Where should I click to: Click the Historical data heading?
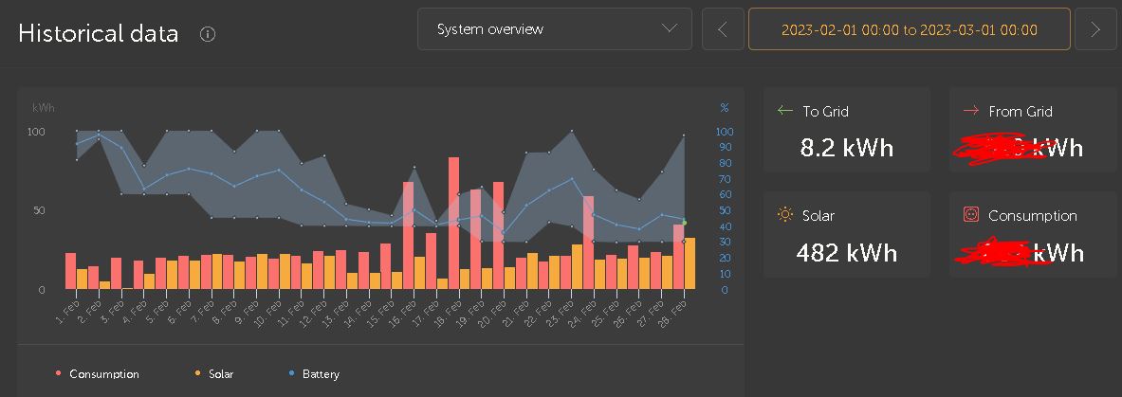(x=98, y=33)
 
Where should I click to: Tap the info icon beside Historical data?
(x=209, y=34)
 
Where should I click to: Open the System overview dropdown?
(x=554, y=29)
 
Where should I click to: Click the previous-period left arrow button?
(x=723, y=29)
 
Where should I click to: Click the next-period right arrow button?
(x=1095, y=29)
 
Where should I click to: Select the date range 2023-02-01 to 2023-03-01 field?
(x=909, y=29)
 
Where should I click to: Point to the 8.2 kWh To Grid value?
(x=847, y=149)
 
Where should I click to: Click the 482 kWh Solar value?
(x=847, y=253)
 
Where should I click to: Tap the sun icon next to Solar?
(x=784, y=215)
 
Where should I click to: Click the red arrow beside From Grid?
(x=970, y=111)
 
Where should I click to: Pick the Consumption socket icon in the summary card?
(x=970, y=215)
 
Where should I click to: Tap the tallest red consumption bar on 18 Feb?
(x=453, y=223)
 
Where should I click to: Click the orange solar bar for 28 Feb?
(x=690, y=263)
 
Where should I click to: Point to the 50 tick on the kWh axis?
(x=39, y=210)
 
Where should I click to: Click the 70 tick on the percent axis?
(x=724, y=178)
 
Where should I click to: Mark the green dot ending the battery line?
(x=685, y=223)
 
